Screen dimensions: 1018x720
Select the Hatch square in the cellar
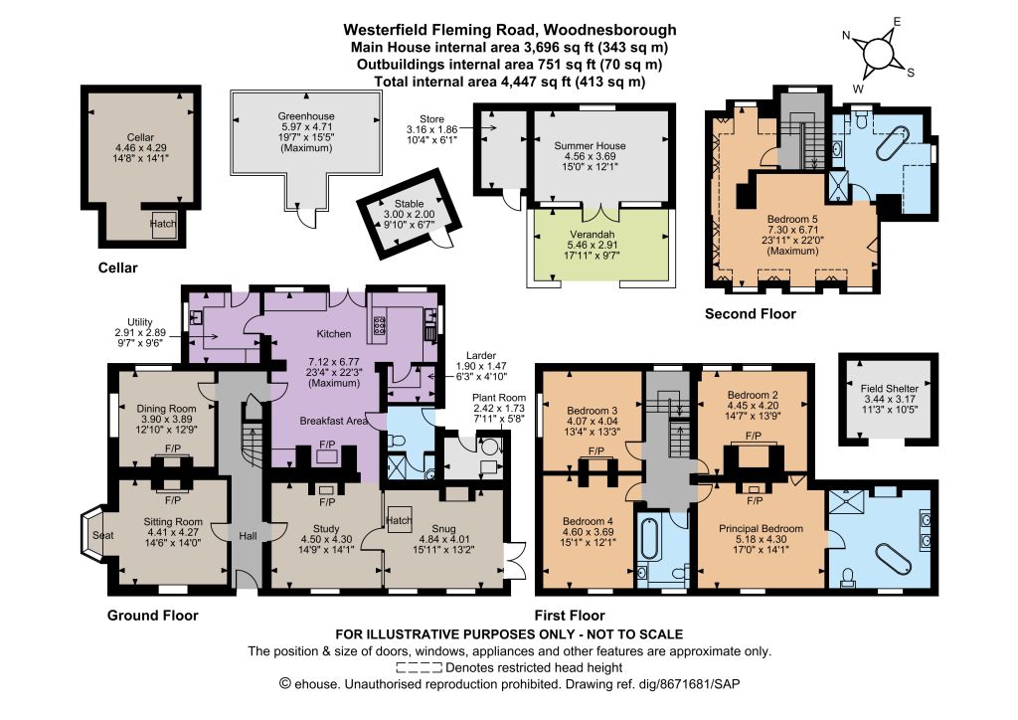tap(163, 224)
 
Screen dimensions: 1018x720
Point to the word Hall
tap(248, 536)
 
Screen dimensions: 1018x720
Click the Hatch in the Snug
tap(399, 520)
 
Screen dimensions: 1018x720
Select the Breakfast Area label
tap(333, 421)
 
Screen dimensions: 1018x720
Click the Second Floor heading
tap(751, 314)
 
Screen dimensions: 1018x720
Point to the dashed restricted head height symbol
tap(420, 667)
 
